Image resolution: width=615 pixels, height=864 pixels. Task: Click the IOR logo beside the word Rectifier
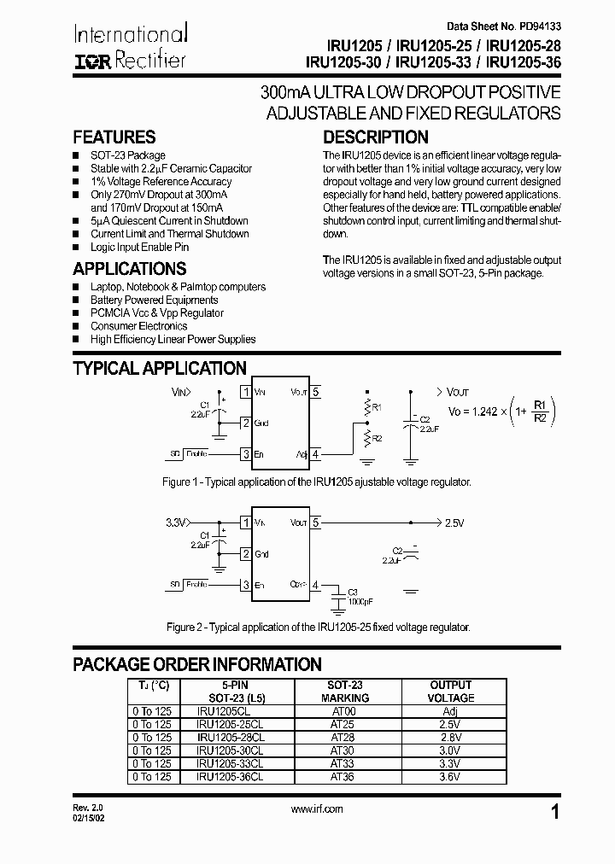tap(92, 61)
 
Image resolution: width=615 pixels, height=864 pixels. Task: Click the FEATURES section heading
tap(114, 137)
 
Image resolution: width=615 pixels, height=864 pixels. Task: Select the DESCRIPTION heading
tap(375, 137)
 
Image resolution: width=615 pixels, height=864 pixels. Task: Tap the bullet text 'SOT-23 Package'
tap(127, 155)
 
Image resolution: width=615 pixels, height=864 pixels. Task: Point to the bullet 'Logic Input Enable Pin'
tap(139, 247)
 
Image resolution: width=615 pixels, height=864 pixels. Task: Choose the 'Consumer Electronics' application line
tap(138, 326)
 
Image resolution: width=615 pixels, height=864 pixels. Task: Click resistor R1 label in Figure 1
tap(377, 408)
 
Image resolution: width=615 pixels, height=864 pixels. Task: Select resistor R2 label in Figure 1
tap(377, 437)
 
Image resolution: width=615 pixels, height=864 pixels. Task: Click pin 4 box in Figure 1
tap(315, 454)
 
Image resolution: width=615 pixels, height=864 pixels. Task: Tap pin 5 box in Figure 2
tap(315, 522)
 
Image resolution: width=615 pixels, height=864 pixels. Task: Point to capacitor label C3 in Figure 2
tap(354, 591)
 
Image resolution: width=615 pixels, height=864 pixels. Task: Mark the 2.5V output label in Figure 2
tap(456, 522)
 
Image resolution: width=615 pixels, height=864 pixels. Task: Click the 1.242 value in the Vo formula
tap(485, 411)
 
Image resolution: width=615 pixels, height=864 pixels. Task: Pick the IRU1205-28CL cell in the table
tap(231, 737)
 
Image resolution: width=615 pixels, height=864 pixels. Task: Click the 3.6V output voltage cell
tap(450, 777)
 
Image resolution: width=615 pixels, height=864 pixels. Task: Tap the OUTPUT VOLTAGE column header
tap(450, 691)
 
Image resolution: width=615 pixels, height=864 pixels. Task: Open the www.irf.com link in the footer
tap(317, 809)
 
